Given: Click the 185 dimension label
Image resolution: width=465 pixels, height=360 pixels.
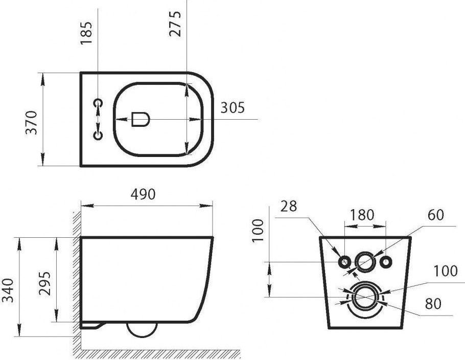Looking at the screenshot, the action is pyautogui.click(x=86, y=33).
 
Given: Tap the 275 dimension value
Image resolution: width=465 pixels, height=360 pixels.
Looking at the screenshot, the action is pyautogui.click(x=175, y=24).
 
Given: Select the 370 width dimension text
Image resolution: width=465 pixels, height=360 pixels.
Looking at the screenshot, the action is pyautogui.click(x=31, y=123).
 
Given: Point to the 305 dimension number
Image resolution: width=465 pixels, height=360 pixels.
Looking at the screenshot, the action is pyautogui.click(x=232, y=107).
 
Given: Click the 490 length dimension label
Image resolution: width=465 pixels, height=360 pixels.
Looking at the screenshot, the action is pyautogui.click(x=143, y=194).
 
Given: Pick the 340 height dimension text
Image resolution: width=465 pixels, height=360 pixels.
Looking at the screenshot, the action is pyautogui.click(x=8, y=290).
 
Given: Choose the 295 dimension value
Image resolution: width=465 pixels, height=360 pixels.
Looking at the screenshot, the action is pyautogui.click(x=45, y=283).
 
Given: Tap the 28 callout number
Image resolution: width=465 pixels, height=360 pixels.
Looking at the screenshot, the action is pyautogui.click(x=289, y=206).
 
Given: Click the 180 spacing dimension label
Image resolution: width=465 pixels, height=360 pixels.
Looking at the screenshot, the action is pyautogui.click(x=362, y=215).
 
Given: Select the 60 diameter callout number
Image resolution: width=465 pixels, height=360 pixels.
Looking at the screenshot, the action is pyautogui.click(x=436, y=215).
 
